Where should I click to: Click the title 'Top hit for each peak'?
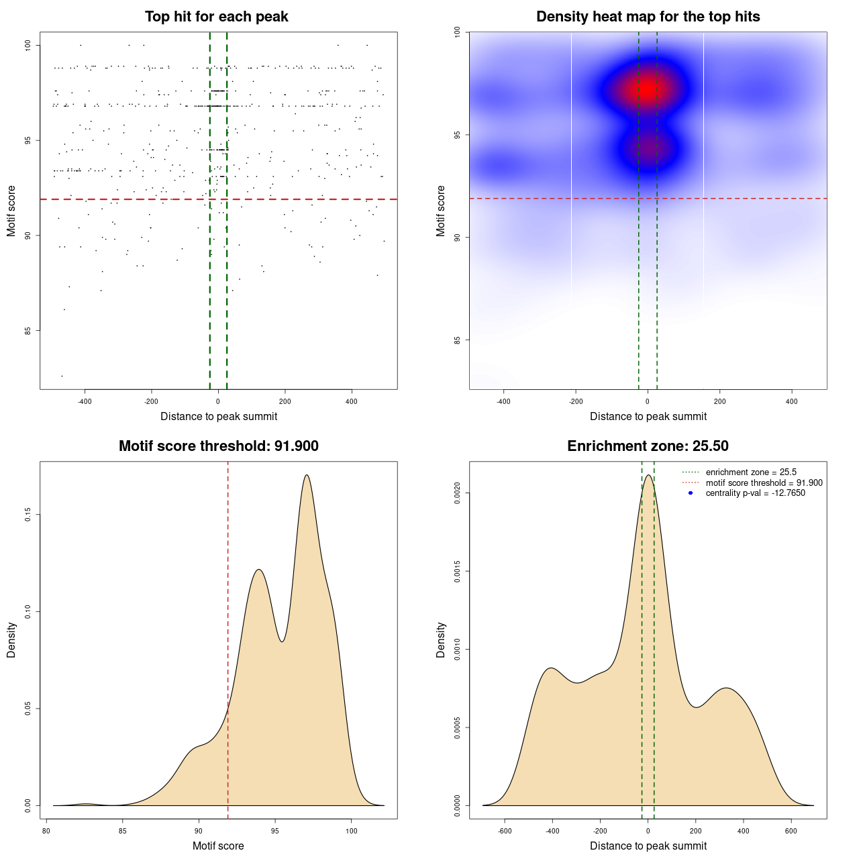click(217, 17)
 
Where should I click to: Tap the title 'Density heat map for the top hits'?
click(648, 17)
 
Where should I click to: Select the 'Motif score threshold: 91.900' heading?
click(218, 446)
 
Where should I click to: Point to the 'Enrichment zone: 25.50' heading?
click(648, 446)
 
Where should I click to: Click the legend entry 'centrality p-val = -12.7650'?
click(755, 493)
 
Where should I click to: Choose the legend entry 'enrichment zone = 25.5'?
click(751, 472)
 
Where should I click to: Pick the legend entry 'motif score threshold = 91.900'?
click(764, 483)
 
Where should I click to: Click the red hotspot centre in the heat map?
click(646, 89)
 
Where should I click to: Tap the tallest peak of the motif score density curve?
click(307, 475)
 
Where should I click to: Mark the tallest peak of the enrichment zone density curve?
click(648, 475)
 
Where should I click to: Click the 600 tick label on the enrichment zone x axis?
click(791, 831)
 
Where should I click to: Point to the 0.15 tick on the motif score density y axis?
click(28, 515)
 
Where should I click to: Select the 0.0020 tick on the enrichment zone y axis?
click(458, 493)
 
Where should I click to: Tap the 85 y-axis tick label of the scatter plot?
click(28, 330)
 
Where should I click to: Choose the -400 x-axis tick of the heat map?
click(503, 401)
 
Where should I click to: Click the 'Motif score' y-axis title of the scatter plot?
click(11, 211)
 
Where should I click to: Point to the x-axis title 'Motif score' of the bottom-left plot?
click(218, 846)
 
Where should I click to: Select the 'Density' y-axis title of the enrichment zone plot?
click(441, 640)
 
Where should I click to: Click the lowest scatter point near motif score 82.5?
click(62, 376)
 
